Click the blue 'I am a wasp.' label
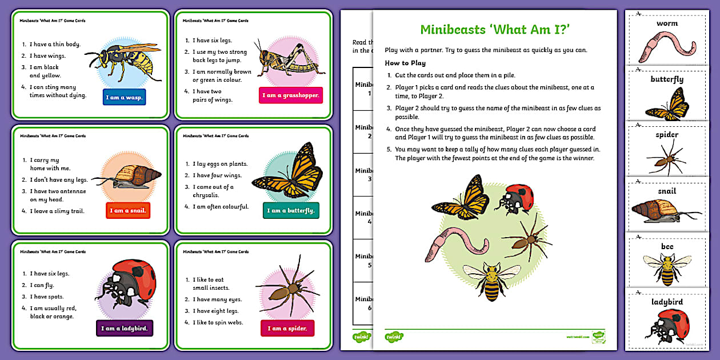click(125, 97)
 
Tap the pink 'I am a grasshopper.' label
click(290, 95)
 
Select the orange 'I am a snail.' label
click(128, 210)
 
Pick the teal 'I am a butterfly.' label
click(291, 211)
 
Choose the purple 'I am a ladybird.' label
click(125, 328)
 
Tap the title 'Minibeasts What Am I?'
click(494, 30)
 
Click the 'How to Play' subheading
click(405, 63)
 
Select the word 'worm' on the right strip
click(667, 23)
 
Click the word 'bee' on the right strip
click(667, 246)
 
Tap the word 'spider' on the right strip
click(667, 135)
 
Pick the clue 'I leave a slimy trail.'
click(57, 211)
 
